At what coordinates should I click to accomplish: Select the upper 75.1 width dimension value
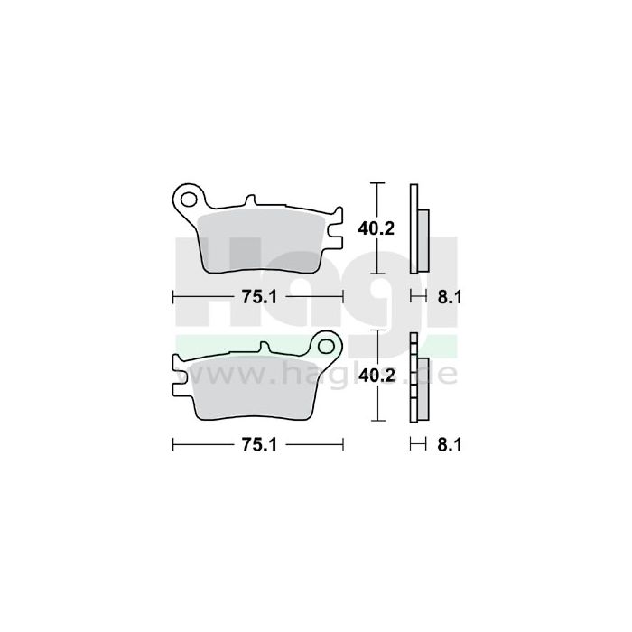point(257,296)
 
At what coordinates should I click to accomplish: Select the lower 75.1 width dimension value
point(257,444)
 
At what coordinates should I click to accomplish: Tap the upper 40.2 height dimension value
point(378,228)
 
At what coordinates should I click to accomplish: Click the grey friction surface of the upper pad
point(262,239)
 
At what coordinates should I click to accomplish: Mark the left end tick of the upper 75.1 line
point(172,296)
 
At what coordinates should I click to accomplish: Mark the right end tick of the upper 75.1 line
point(343,296)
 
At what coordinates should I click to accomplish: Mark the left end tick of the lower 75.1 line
point(172,444)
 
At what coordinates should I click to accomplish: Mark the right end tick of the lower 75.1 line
point(343,444)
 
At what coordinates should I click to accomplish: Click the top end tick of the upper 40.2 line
point(378,183)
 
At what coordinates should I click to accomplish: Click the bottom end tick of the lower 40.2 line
point(378,422)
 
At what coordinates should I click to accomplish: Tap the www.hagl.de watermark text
point(316,371)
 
